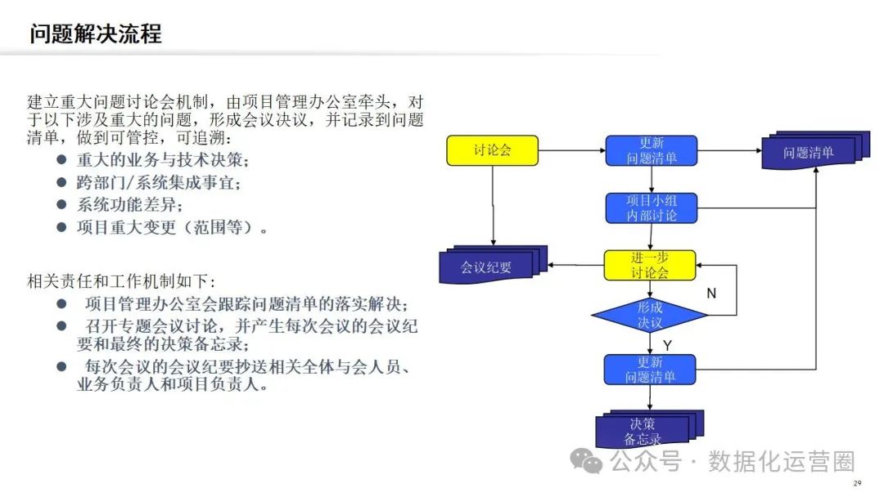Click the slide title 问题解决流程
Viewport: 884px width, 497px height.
tap(96, 34)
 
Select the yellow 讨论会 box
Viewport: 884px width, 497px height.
tap(492, 150)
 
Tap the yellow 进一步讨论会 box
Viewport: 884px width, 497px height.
tap(650, 265)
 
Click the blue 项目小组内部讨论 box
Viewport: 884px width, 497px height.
tap(652, 208)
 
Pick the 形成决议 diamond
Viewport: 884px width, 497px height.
tap(650, 315)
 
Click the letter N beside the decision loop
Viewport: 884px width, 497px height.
tap(711, 293)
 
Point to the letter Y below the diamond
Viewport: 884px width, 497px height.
tap(667, 346)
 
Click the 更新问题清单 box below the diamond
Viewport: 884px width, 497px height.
tap(650, 369)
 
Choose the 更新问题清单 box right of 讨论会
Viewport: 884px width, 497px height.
tap(652, 150)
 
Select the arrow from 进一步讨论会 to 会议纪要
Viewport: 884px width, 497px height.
tap(576, 265)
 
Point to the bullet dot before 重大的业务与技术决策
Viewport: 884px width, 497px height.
tap(61, 159)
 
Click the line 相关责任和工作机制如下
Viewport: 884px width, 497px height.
tap(122, 281)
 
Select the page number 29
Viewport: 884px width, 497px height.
tap(857, 484)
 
